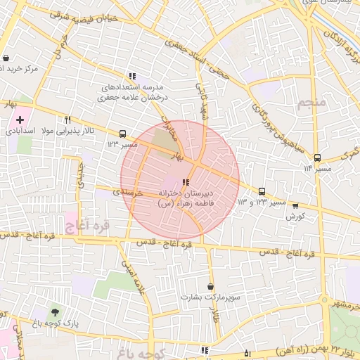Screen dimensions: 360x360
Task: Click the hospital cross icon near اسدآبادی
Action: pos(20,120)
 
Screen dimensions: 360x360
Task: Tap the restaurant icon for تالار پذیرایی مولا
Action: pos(68,120)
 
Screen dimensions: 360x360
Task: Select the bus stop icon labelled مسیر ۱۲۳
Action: pos(123,134)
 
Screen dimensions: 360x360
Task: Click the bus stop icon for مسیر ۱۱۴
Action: pos(317,158)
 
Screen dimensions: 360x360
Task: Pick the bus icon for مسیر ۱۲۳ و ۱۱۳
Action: pos(262,191)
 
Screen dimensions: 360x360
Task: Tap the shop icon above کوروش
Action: pos(295,206)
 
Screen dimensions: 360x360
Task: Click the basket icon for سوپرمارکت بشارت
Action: pos(211,287)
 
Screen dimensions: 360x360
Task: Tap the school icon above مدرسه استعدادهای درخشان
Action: pos(131,77)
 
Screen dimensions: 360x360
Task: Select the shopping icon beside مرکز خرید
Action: pos(6,58)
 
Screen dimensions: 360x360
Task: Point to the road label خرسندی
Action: pos(129,191)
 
